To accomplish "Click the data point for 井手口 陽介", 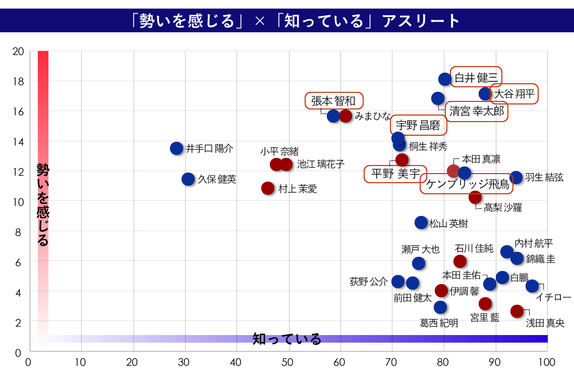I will [177, 148].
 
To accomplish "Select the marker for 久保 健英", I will [188, 179].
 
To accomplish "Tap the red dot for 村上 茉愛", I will [268, 188].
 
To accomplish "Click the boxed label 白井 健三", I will [476, 78].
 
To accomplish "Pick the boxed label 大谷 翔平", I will [514, 94].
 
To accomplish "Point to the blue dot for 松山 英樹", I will [421, 223].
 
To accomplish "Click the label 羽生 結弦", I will [544, 177].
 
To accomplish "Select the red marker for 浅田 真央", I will [517, 311].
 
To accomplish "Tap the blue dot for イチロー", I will [532, 286].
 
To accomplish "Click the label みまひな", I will [372, 116].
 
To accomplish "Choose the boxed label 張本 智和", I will [333, 101].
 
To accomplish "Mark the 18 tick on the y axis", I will [19, 81].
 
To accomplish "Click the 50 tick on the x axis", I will [288, 362].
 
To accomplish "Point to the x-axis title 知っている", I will [286, 339].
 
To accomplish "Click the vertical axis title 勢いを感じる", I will [43, 204].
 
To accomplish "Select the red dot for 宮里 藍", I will [485, 303].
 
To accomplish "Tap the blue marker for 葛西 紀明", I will [440, 307].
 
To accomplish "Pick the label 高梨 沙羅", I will [502, 207].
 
